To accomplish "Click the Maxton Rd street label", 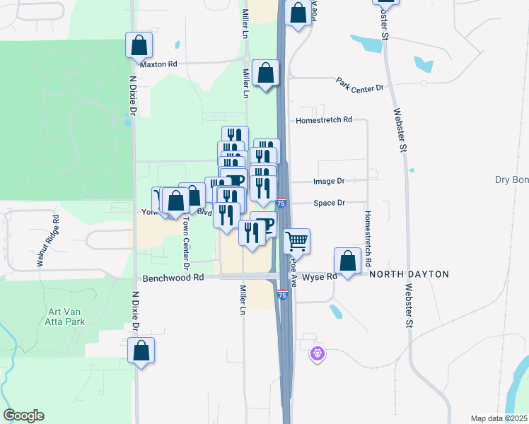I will [158, 64].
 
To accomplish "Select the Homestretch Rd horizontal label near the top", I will [324, 120].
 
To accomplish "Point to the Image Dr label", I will [329, 182].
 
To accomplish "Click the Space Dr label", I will [329, 203].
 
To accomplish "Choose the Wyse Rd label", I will [320, 277].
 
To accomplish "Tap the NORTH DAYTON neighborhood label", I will [409, 274].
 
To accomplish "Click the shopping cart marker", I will [297, 241].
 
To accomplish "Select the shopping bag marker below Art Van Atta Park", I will [141, 350].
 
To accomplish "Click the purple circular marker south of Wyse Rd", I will [318, 353].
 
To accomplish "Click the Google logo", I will [23, 416].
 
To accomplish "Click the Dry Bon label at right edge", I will [511, 180].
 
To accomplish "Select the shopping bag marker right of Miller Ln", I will [266, 73].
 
